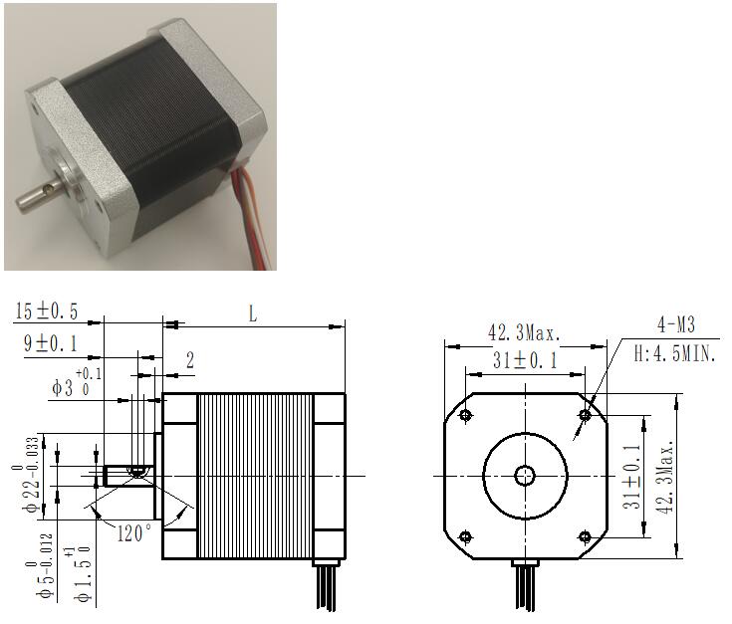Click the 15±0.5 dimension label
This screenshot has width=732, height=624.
[46, 312]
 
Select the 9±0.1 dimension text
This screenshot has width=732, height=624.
[51, 343]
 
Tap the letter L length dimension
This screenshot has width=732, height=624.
[253, 313]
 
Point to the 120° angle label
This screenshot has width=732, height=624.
[134, 533]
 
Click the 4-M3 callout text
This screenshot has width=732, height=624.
[676, 324]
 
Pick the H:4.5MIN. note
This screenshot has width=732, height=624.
[674, 354]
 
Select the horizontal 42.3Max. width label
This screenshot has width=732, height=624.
[524, 333]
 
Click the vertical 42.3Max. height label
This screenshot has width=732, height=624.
[666, 476]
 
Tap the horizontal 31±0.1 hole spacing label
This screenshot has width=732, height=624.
[525, 360]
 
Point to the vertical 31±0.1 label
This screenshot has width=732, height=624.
[632, 476]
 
